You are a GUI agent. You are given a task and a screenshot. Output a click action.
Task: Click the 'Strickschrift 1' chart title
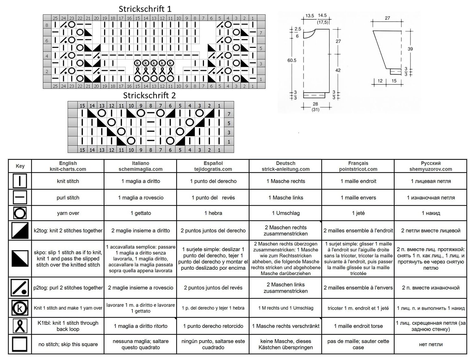[145, 9]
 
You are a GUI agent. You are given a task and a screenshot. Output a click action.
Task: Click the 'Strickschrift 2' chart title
[149, 95]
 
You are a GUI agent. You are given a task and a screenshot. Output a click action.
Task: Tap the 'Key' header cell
[20, 166]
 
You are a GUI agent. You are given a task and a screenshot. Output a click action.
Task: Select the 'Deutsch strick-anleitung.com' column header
[286, 166]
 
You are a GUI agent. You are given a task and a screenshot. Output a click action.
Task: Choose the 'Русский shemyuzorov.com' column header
[430, 166]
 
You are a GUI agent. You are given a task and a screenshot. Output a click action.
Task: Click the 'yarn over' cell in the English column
[68, 213]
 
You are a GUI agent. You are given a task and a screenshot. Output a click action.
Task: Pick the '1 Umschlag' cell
[286, 213]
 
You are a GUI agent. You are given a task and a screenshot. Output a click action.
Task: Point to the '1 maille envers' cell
[358, 198]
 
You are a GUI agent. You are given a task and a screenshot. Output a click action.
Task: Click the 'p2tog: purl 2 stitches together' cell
[68, 288]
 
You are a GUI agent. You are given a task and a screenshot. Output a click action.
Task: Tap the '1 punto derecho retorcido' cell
[213, 326]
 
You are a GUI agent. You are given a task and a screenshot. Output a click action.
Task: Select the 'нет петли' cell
[430, 344]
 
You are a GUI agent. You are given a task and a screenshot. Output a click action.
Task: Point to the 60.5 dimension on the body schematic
[292, 60]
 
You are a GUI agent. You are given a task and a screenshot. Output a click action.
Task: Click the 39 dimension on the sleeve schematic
[410, 49]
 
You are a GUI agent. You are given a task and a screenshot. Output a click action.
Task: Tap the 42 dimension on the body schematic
[338, 70]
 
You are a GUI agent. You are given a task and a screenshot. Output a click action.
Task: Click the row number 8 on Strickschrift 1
[47, 25]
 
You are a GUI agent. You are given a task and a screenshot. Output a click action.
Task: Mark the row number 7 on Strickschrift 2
[229, 114]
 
